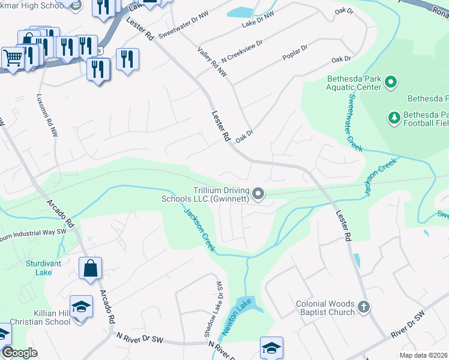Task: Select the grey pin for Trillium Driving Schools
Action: coord(258,193)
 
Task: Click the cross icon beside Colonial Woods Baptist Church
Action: coord(364,308)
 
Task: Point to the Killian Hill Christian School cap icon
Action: coord(81,307)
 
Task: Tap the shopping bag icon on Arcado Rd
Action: coord(90,268)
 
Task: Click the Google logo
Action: coord(19,352)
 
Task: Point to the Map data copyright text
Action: coord(424,355)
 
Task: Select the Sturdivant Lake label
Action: coord(39,268)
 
